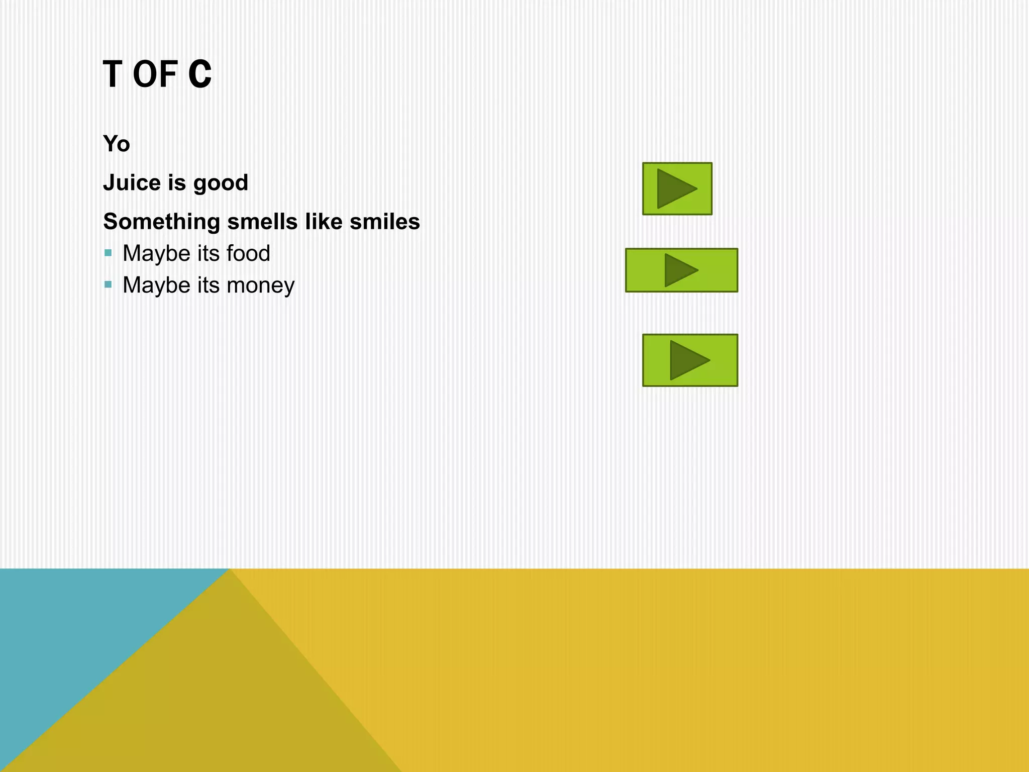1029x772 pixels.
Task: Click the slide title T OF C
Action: (x=157, y=74)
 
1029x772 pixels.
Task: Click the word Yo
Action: (x=117, y=144)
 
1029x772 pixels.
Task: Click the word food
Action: (x=248, y=253)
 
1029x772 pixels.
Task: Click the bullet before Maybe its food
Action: (x=108, y=253)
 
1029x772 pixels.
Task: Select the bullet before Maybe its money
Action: (x=108, y=285)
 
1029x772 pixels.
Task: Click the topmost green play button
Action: (x=677, y=188)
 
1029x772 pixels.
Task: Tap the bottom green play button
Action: (x=690, y=360)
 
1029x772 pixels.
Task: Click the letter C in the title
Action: (x=200, y=74)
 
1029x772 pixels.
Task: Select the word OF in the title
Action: (x=155, y=74)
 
